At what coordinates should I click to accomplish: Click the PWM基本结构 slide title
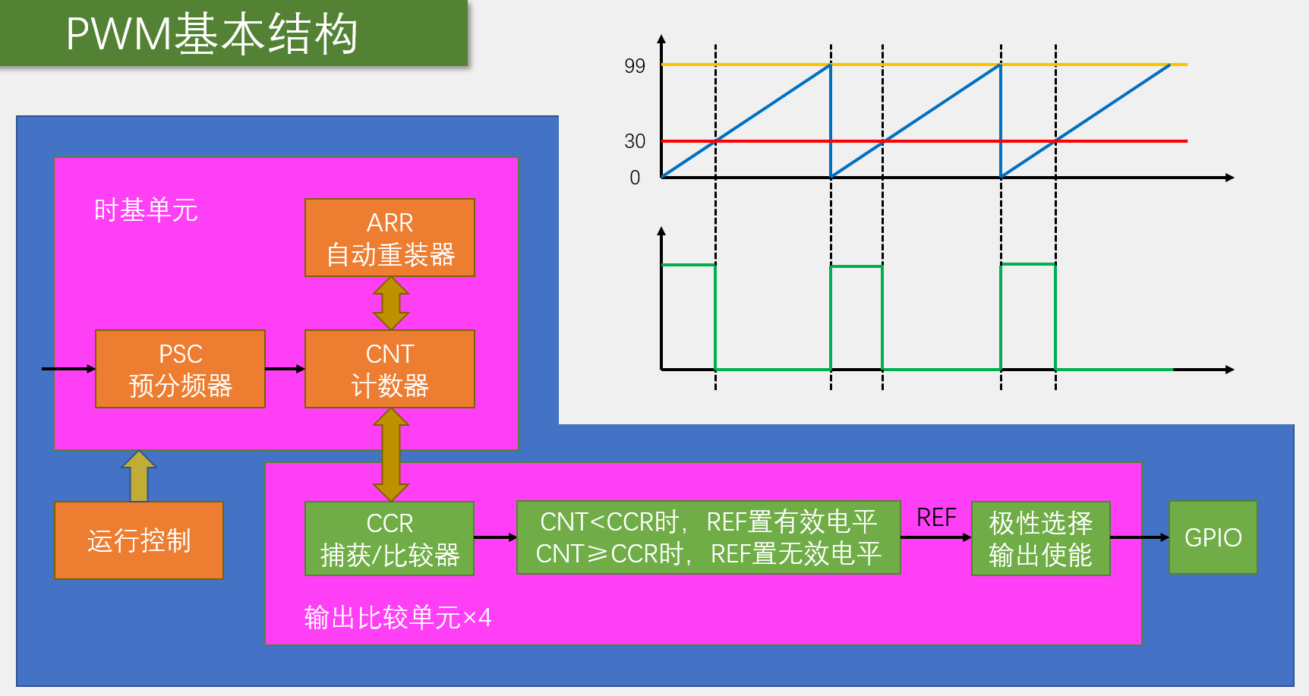(x=213, y=33)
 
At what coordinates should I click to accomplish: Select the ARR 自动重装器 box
(x=390, y=238)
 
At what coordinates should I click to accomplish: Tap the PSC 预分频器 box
(x=180, y=369)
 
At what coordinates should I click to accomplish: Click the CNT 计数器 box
(x=390, y=369)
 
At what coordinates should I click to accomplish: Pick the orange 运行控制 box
(x=139, y=540)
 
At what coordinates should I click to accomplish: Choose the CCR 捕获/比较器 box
(x=390, y=538)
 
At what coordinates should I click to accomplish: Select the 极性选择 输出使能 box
(x=1040, y=538)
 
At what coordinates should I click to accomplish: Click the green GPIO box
(x=1213, y=537)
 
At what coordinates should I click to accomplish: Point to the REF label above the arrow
(x=935, y=518)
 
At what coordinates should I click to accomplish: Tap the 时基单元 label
(x=146, y=210)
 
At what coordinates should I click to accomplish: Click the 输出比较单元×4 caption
(x=397, y=618)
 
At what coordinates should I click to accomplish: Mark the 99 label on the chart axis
(x=635, y=66)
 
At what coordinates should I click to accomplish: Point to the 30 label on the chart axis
(x=635, y=141)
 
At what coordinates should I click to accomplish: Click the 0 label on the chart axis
(x=635, y=178)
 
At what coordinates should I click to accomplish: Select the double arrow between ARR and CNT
(x=390, y=303)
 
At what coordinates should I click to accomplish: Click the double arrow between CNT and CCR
(x=390, y=454)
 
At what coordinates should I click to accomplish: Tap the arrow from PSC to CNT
(x=285, y=369)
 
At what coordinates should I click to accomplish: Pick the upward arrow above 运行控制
(x=139, y=476)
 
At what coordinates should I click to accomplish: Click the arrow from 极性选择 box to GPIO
(x=1139, y=537)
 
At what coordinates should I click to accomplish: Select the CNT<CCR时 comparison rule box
(x=708, y=537)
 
